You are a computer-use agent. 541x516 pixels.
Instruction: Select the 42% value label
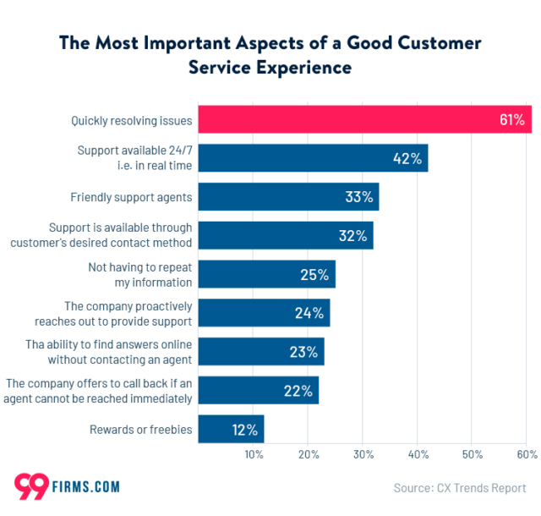click(407, 158)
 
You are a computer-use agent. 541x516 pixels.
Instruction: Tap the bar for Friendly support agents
click(287, 197)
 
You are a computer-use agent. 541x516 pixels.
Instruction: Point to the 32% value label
click(352, 236)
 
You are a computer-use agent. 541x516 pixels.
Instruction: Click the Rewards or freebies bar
click(231, 429)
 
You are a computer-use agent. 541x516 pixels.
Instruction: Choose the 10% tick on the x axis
click(253, 455)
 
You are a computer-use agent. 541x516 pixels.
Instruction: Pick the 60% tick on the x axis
click(527, 455)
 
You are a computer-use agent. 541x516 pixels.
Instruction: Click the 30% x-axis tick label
click(363, 455)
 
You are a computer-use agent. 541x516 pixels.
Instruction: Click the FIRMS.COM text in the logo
click(90, 487)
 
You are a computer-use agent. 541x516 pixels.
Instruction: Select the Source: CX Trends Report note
click(460, 488)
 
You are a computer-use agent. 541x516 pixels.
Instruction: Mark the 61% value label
click(511, 119)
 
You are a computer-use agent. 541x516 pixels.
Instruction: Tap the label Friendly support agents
click(131, 197)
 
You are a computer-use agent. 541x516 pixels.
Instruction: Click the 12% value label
click(244, 429)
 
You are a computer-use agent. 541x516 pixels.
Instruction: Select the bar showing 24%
click(263, 313)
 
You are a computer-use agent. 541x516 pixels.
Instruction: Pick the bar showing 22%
click(258, 390)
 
